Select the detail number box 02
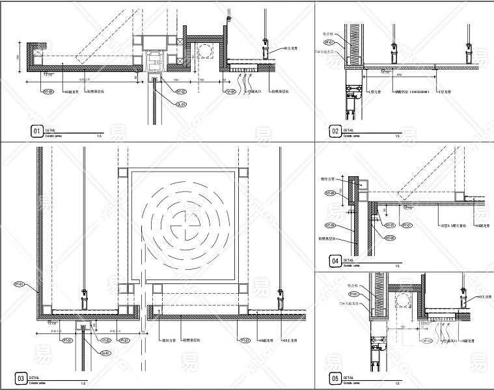335,132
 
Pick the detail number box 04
335,262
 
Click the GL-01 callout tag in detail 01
182,104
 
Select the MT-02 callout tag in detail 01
182,92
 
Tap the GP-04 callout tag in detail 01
230,92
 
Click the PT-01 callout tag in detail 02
331,62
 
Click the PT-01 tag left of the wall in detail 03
18,284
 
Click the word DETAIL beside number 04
348,259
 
